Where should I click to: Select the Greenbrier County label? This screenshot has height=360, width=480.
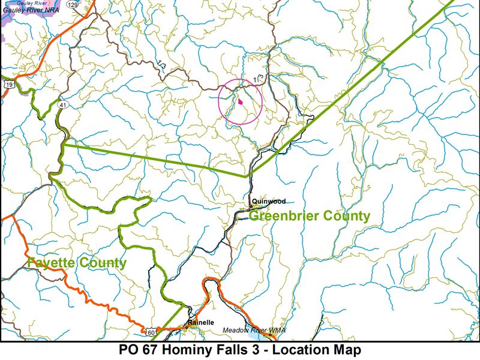click(309, 216)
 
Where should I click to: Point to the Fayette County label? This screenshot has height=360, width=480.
click(77, 262)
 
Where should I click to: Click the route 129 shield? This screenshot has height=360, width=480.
click(73, 5)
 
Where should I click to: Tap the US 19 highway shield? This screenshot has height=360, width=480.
click(8, 85)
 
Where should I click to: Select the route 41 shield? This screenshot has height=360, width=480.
click(62, 105)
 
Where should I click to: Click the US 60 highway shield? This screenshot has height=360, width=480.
click(150, 331)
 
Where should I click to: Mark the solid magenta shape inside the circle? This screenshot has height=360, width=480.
click(240, 102)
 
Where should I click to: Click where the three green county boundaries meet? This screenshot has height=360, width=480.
click(248, 176)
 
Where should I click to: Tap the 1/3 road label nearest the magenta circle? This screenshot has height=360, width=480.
click(259, 78)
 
